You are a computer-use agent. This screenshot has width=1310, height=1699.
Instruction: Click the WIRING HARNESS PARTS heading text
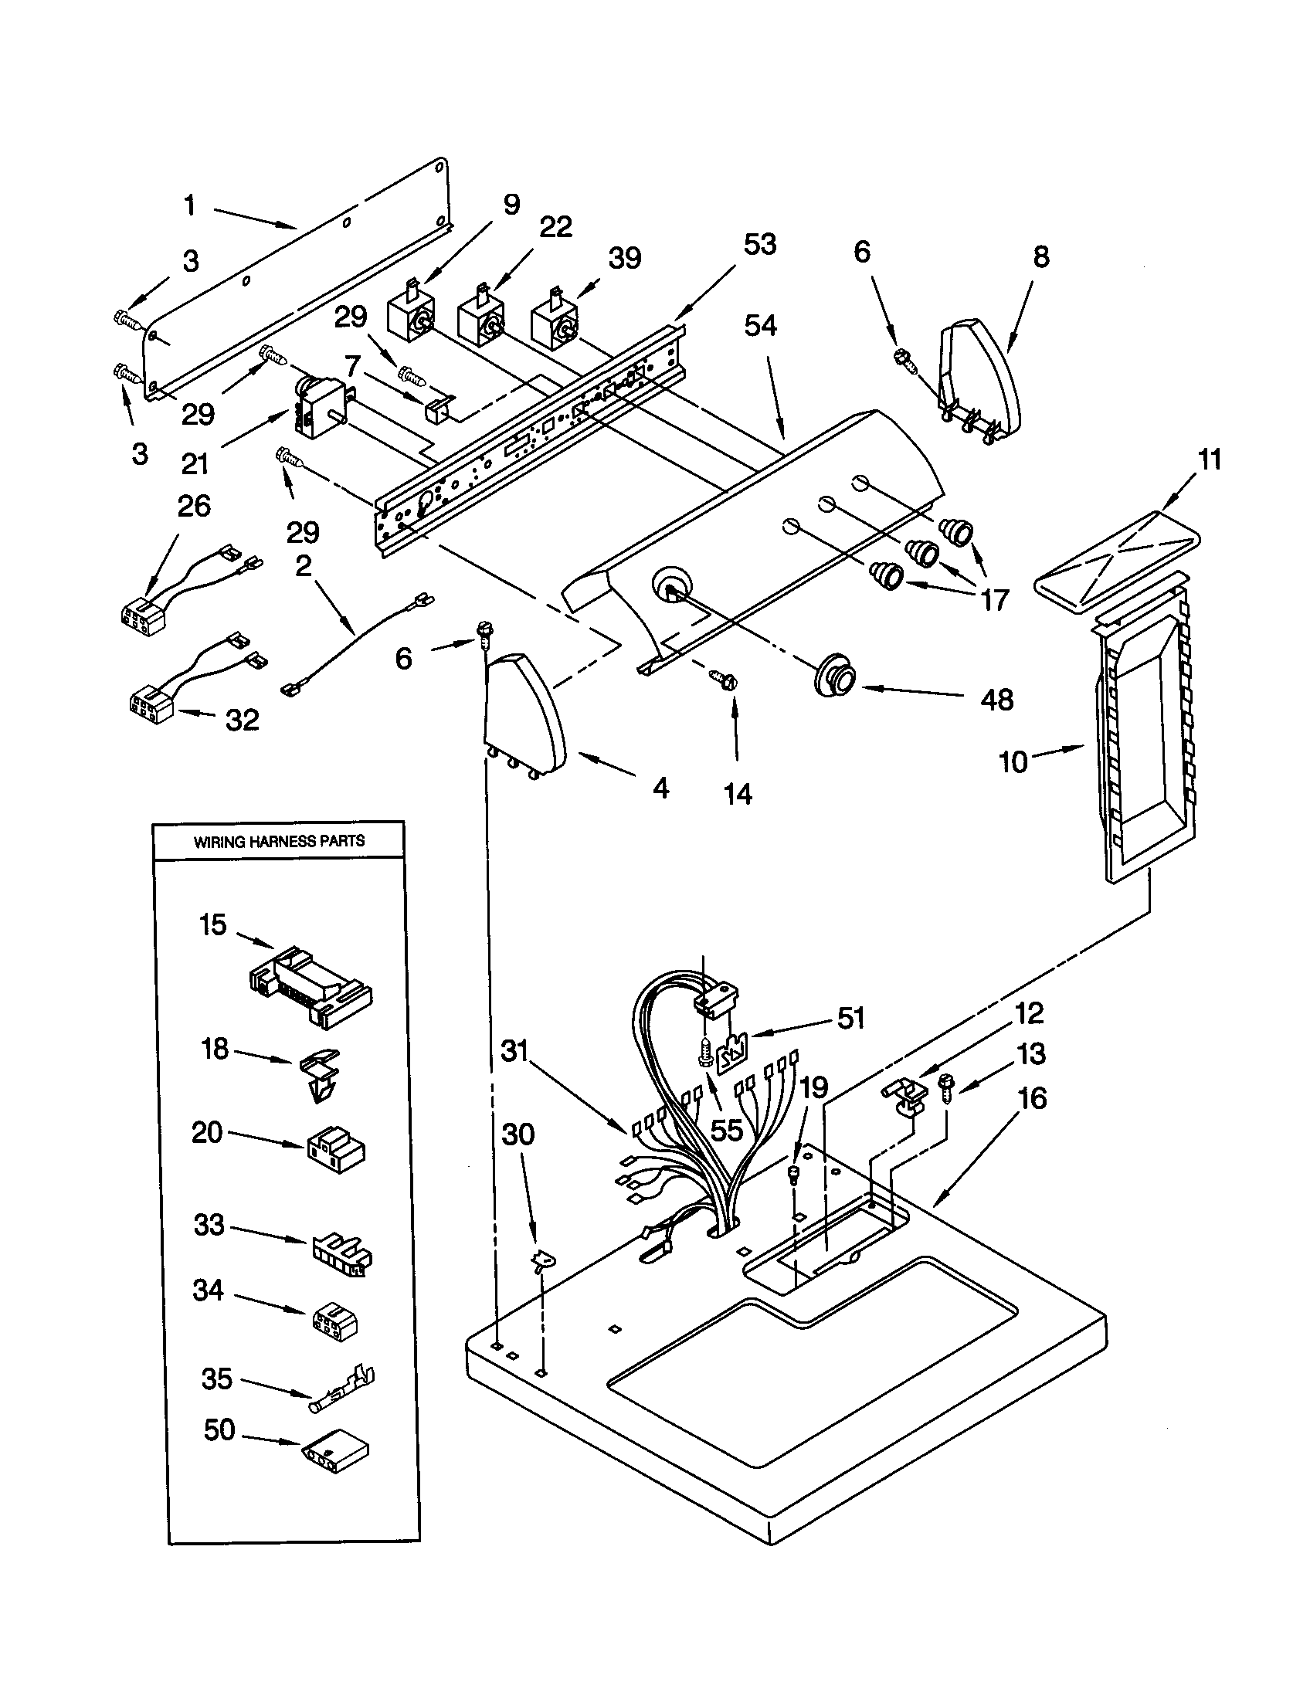click(x=279, y=841)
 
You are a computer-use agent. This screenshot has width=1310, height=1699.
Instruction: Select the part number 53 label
click(x=759, y=244)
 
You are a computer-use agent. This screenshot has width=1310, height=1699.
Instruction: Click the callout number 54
click(x=760, y=325)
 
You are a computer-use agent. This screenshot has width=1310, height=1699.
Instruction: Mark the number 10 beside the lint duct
click(x=1013, y=762)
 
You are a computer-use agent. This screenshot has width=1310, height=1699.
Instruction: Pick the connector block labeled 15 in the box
click(x=310, y=985)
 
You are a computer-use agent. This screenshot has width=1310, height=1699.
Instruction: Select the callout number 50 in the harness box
click(x=219, y=1429)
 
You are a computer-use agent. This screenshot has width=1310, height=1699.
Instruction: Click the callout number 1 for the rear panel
click(x=189, y=205)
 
